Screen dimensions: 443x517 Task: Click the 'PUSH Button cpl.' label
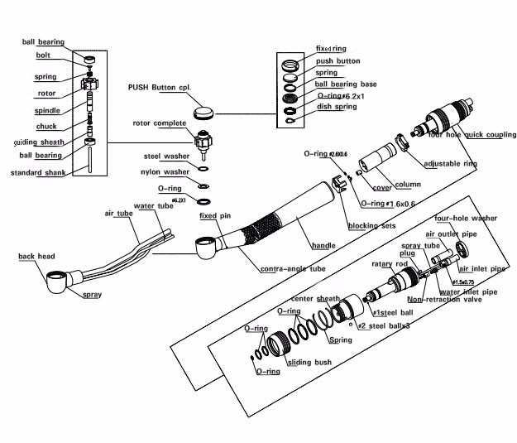[x=160, y=86]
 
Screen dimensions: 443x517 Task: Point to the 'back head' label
[x=36, y=257]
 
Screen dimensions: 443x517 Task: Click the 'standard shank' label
[x=38, y=173]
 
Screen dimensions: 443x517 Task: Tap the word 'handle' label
[x=323, y=246]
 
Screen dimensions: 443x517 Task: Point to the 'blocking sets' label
[x=371, y=225]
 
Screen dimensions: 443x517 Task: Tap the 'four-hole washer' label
[x=466, y=218]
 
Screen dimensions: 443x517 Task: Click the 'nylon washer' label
[x=165, y=172]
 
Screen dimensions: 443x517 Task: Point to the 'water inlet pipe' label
[x=467, y=291]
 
